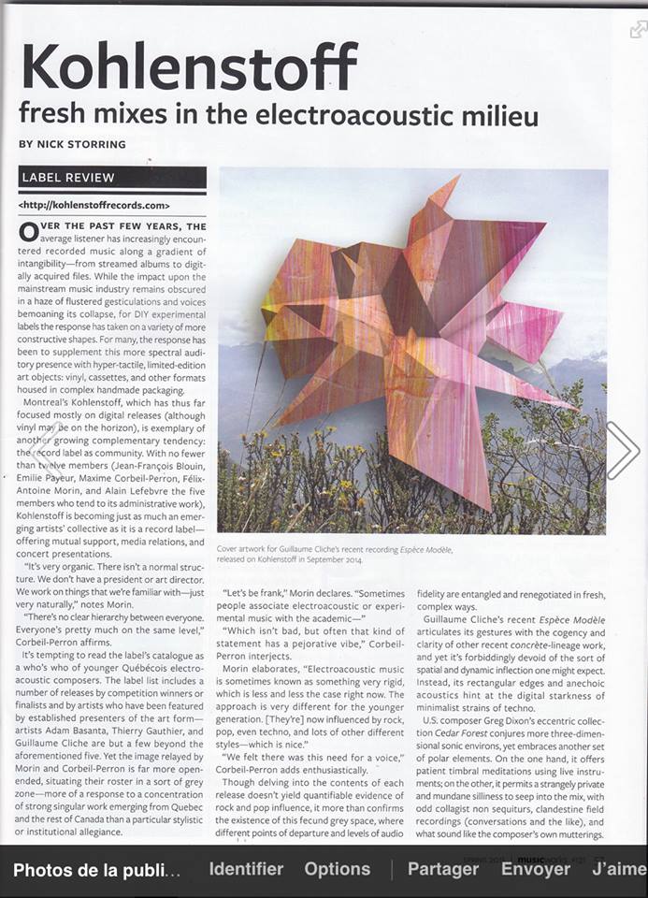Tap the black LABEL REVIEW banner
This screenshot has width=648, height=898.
(112, 177)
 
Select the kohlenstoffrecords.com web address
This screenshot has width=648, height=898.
(94, 204)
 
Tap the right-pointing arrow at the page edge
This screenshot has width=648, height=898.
(623, 450)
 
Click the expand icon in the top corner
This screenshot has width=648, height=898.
(638, 29)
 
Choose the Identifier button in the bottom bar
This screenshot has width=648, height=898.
(246, 869)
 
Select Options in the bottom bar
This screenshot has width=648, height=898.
(337, 869)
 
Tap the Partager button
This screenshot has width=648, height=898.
(443, 869)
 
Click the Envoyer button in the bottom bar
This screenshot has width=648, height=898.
(535, 869)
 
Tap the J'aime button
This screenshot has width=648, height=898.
(618, 869)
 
